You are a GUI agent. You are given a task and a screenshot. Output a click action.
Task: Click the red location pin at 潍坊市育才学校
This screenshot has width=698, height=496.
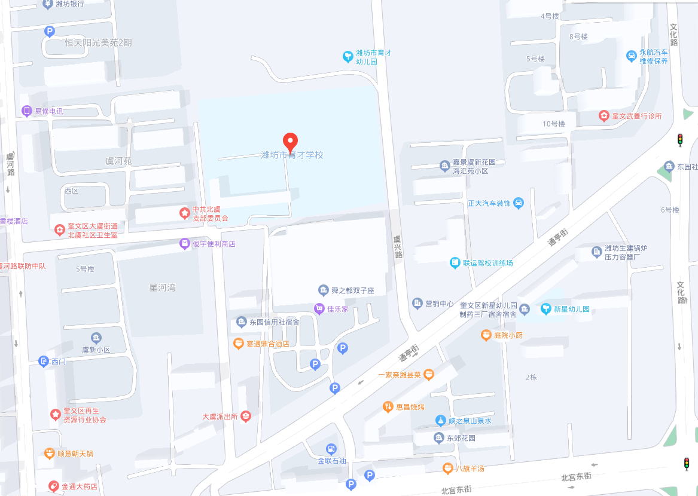[x=290, y=142]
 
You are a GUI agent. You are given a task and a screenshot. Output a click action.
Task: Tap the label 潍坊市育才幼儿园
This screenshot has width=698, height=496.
[x=374, y=57]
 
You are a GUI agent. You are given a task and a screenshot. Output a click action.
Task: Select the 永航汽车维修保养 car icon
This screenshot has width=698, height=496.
[x=630, y=56]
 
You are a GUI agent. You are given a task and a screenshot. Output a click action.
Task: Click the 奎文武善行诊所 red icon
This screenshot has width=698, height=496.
[x=603, y=115]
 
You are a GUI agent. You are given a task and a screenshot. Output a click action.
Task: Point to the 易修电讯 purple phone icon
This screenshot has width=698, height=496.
[x=26, y=111]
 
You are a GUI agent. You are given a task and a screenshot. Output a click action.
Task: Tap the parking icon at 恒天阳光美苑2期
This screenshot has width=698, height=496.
[x=50, y=32]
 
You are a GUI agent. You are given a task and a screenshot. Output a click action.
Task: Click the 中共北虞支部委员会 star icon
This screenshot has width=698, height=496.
[x=184, y=212]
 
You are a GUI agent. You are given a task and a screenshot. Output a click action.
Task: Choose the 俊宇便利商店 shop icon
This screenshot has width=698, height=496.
[x=184, y=243]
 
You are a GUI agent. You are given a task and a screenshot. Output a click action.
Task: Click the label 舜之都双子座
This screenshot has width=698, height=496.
[x=353, y=290]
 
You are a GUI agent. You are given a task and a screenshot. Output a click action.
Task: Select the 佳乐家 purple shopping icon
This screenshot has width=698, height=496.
[x=319, y=308]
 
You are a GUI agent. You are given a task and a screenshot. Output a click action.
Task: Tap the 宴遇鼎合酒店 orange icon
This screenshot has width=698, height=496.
[x=239, y=344]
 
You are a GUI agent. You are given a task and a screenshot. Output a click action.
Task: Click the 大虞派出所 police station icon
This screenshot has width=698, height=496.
[x=245, y=417]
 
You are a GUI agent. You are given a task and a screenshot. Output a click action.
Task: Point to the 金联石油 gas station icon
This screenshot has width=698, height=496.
[x=331, y=449]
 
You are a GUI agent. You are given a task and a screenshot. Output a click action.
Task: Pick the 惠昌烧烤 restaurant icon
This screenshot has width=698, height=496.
[x=388, y=407]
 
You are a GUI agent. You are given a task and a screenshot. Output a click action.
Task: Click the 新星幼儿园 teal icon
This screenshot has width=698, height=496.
[x=545, y=309]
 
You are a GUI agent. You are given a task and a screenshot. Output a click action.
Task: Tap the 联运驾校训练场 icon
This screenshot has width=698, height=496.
[x=455, y=262]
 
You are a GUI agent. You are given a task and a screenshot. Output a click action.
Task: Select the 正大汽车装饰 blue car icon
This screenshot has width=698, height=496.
[x=519, y=203]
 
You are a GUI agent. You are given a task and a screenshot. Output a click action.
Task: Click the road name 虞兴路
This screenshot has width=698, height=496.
[x=397, y=246]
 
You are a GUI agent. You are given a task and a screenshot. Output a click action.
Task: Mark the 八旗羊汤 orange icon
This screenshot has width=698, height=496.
[x=447, y=468]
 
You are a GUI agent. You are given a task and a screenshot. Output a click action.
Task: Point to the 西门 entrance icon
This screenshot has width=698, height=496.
[x=43, y=361]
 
